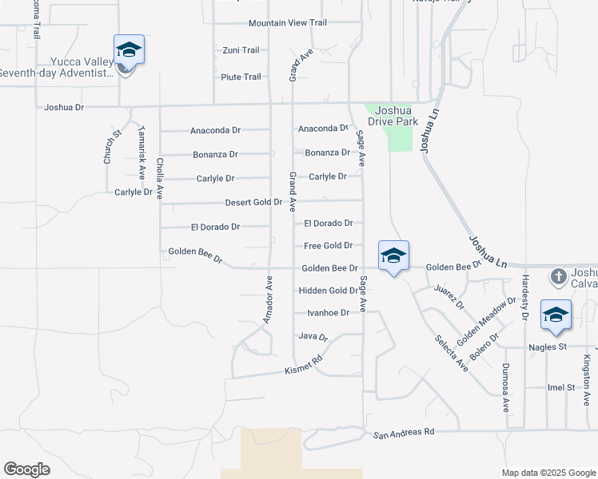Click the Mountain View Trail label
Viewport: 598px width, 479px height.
(x=288, y=23)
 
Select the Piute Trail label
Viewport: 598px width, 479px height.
(x=241, y=77)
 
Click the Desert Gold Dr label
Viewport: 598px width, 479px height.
(x=253, y=202)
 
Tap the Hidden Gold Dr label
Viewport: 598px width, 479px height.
(x=328, y=291)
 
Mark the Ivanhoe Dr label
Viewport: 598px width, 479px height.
(x=323, y=313)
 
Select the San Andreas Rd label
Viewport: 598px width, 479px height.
(x=404, y=432)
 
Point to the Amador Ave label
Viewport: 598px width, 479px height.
(x=269, y=299)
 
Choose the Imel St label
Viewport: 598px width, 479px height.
(x=561, y=387)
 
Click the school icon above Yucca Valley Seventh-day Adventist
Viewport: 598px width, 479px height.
(x=128, y=51)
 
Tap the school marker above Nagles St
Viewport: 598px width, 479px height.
(x=556, y=316)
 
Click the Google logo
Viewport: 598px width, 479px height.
(x=26, y=469)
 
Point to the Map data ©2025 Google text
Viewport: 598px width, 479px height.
(x=548, y=473)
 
